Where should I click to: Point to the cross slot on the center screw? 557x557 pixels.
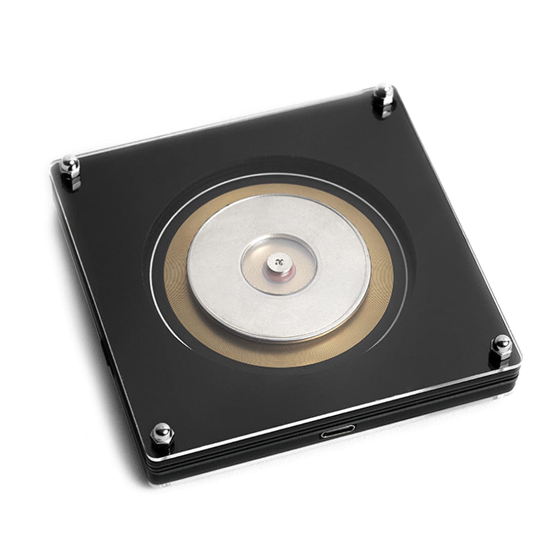coord(277,261)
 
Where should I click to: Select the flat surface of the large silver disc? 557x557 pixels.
coord(228,294)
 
